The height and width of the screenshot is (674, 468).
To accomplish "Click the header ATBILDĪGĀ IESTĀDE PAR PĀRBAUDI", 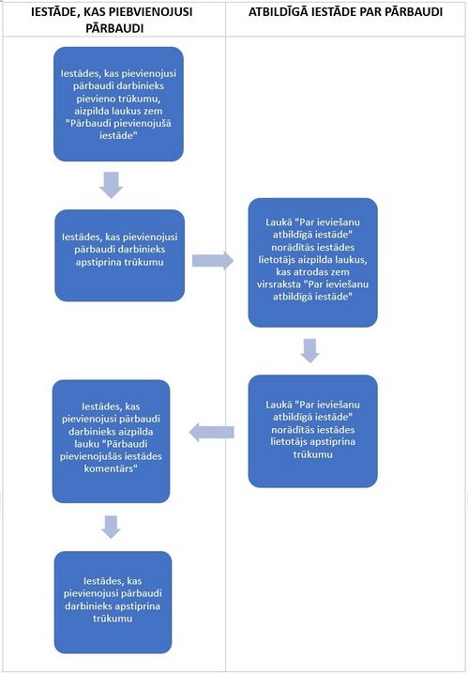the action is coord(346,12).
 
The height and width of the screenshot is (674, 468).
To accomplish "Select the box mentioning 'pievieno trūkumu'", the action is coord(118,104).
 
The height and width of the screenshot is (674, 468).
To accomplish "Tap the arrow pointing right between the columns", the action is coord(213,260).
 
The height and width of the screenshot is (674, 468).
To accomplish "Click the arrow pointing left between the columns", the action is coord(211,432).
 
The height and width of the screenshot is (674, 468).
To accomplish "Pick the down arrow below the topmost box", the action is coord(112,185).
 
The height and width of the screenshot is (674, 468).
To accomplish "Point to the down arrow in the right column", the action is coord(309,350).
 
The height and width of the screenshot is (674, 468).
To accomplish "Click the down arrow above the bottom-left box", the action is coord(111,527).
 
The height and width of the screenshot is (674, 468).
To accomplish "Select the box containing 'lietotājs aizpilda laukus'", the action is coord(312,263).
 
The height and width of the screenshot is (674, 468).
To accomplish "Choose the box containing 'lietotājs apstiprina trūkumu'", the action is coord(312,431).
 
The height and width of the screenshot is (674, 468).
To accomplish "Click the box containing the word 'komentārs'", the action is coord(112,441).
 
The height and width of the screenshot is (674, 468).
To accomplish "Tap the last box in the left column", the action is coord(113,603).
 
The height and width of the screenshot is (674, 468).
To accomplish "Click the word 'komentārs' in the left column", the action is coord(111,468).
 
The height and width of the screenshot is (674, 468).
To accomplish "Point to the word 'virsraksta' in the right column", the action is coord(278,284).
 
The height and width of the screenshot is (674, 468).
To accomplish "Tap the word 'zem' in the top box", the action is coord(155,111).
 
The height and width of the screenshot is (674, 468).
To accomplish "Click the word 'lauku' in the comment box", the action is coord(75,444).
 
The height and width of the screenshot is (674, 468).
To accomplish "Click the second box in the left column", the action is coord(120,255).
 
